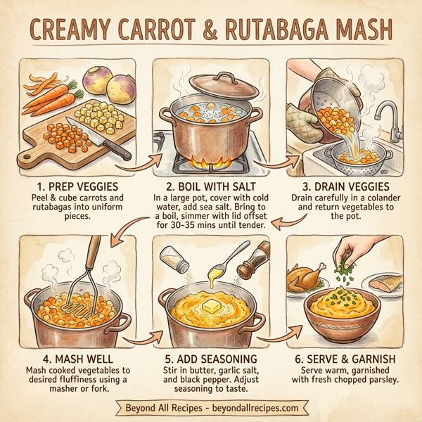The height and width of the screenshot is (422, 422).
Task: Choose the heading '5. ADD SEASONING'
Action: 211,355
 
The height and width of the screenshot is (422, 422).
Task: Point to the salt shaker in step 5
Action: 174,259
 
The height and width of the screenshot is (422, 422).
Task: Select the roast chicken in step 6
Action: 307,279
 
